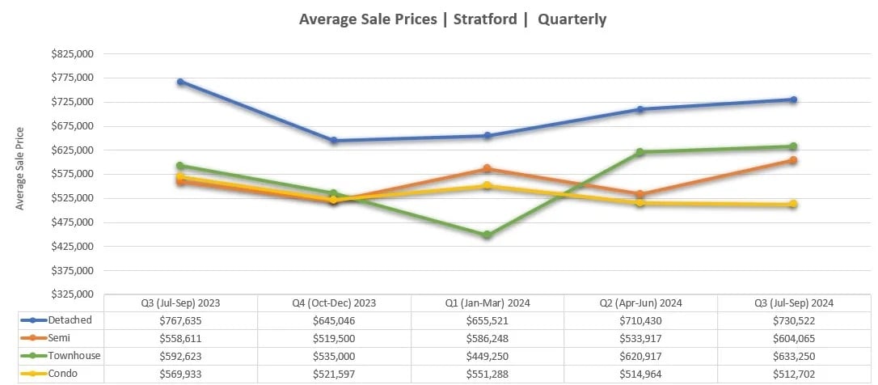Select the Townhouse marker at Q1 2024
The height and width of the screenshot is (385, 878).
488,235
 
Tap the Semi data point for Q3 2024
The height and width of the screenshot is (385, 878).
794,160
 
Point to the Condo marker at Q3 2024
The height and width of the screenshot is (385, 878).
794,205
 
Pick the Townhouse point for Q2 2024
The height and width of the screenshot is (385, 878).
640,152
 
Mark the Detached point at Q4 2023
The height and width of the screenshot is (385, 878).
334,141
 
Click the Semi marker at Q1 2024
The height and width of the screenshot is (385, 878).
488,169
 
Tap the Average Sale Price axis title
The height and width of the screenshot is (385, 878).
20,169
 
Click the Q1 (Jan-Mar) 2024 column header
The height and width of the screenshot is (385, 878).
488,302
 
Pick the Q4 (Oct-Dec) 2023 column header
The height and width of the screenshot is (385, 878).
334,302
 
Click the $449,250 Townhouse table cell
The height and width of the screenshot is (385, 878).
488,355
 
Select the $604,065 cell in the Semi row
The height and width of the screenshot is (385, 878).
794,337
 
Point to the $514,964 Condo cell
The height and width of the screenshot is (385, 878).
640,373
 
